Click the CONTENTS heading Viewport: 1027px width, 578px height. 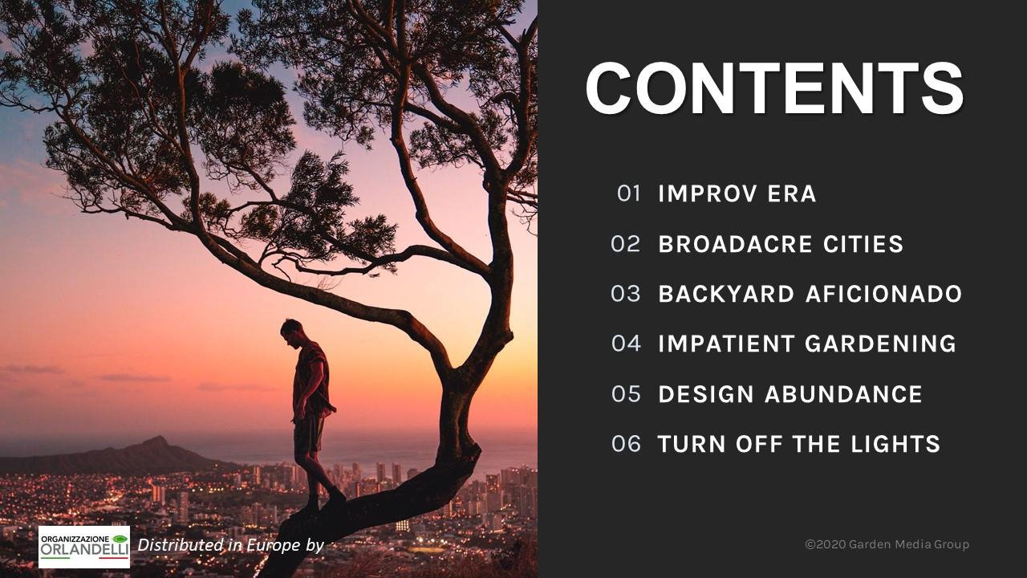point(774,88)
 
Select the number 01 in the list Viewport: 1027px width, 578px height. point(628,193)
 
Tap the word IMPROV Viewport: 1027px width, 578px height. point(708,193)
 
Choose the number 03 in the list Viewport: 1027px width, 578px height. point(625,294)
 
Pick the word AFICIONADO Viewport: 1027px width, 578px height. point(883,294)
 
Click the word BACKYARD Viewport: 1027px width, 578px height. point(726,294)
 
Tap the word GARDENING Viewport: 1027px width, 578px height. point(881,344)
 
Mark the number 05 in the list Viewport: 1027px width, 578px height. point(626,394)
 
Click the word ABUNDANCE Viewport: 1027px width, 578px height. point(843,394)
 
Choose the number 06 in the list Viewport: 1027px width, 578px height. point(626,444)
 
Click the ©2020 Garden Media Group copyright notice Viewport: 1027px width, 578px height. point(887,544)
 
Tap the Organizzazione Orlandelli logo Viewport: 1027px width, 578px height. point(84,547)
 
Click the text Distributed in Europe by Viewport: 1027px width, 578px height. point(230,545)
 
